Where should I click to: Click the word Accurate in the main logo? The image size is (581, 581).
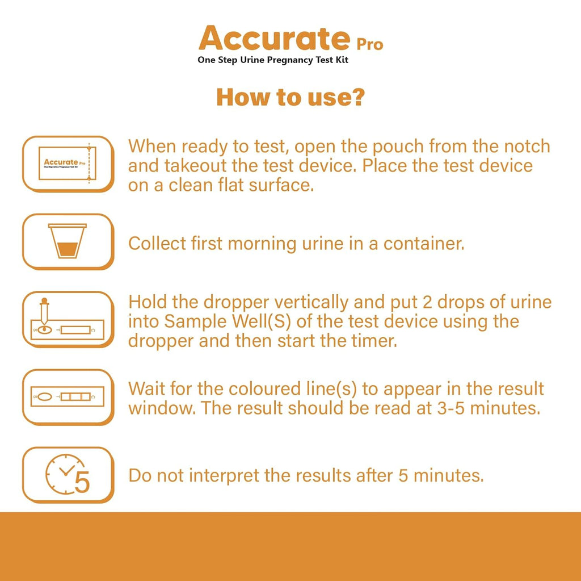(275, 38)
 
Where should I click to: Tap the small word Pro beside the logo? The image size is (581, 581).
(369, 44)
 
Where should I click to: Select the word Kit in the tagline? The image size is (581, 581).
(342, 60)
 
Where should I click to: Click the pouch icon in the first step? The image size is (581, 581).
(68, 163)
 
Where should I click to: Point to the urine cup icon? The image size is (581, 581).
(68, 241)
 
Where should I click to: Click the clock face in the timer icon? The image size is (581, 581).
(64, 474)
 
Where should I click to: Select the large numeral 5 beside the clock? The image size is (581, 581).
(82, 482)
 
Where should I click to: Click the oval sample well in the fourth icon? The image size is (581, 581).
(45, 397)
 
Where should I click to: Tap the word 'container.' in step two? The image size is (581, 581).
(424, 244)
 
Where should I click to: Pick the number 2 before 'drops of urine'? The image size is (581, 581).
(427, 302)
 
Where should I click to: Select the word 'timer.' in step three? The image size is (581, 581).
(374, 341)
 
